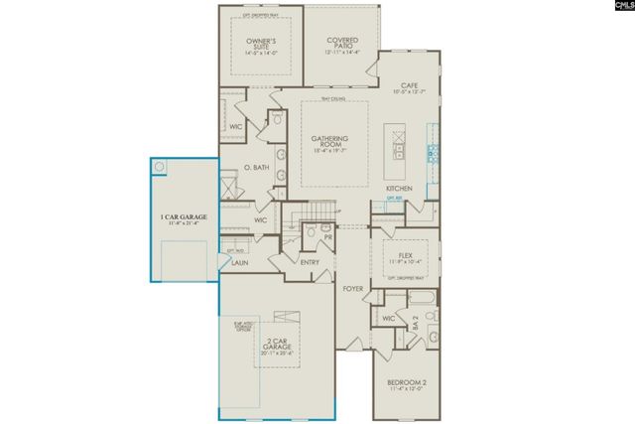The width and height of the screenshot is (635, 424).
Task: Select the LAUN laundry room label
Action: (241, 264)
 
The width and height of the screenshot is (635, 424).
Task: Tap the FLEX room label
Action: (404, 255)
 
